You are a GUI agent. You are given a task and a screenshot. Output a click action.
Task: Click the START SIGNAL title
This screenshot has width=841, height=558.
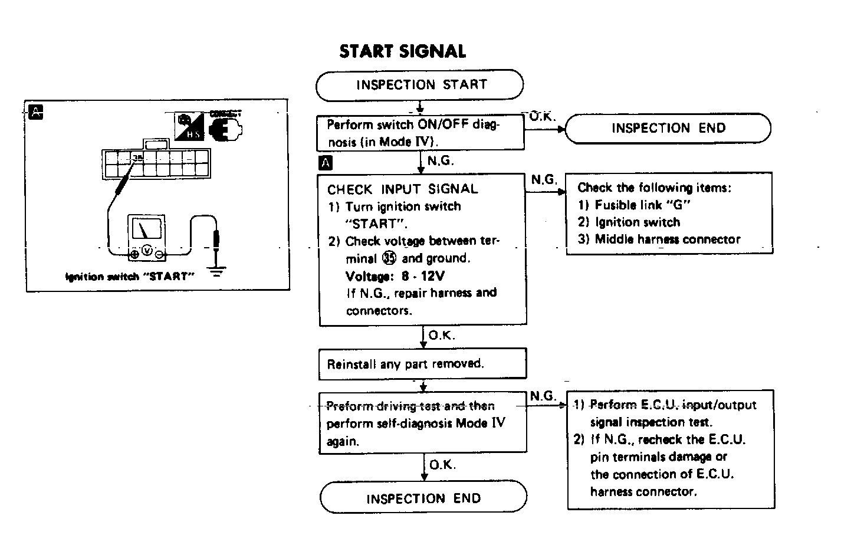(403, 52)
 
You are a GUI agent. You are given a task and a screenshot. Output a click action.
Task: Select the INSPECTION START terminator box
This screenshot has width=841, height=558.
(420, 85)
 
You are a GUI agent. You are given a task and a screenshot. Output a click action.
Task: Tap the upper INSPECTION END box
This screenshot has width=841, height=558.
(668, 129)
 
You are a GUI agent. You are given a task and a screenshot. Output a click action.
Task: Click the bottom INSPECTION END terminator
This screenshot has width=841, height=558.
(423, 498)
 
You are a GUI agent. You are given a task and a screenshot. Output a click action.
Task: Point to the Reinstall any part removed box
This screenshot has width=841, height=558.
(422, 363)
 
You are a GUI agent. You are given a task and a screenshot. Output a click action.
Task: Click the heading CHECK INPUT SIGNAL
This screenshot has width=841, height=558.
(403, 189)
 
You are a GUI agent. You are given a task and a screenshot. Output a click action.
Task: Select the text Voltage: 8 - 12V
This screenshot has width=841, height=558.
(395, 275)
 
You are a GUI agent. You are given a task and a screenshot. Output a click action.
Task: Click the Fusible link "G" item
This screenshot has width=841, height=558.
(642, 205)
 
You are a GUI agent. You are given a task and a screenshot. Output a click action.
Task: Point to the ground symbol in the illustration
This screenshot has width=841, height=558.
(218, 271)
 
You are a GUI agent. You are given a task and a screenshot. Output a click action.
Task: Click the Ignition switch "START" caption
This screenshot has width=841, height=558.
(130, 277)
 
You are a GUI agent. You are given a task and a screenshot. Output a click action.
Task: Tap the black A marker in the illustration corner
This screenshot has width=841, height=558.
(36, 111)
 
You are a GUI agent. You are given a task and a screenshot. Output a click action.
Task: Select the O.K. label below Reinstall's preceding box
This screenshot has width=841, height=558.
(442, 335)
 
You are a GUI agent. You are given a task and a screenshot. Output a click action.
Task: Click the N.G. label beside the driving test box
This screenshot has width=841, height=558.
(543, 396)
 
